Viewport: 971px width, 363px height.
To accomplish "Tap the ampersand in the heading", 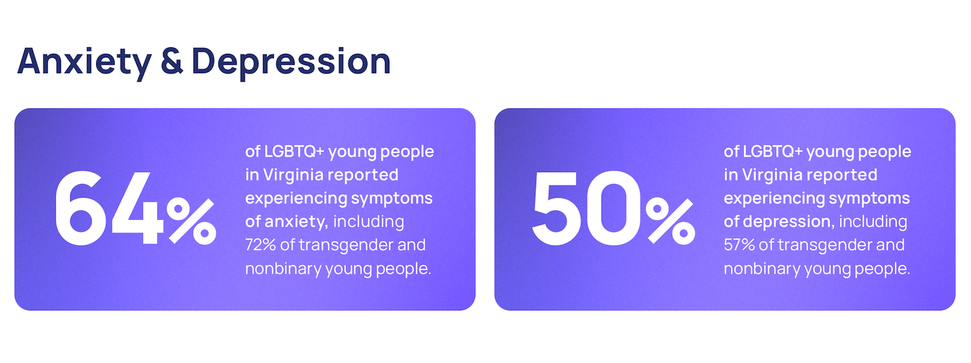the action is [x=172, y=61].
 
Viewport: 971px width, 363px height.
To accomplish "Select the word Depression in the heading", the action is [x=291, y=63].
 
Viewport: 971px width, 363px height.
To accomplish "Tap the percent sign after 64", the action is [x=192, y=221].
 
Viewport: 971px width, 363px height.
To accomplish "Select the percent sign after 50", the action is [x=670, y=221].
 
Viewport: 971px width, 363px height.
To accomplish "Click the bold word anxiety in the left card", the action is [x=296, y=222].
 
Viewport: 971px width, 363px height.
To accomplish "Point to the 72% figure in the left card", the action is [x=260, y=245].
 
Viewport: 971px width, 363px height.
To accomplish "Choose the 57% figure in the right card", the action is [x=740, y=245].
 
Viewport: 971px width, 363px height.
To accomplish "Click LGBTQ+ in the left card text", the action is [x=294, y=152].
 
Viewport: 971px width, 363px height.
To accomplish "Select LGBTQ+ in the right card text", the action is [x=773, y=152].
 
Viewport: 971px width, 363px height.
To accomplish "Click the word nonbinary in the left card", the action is [x=283, y=269].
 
